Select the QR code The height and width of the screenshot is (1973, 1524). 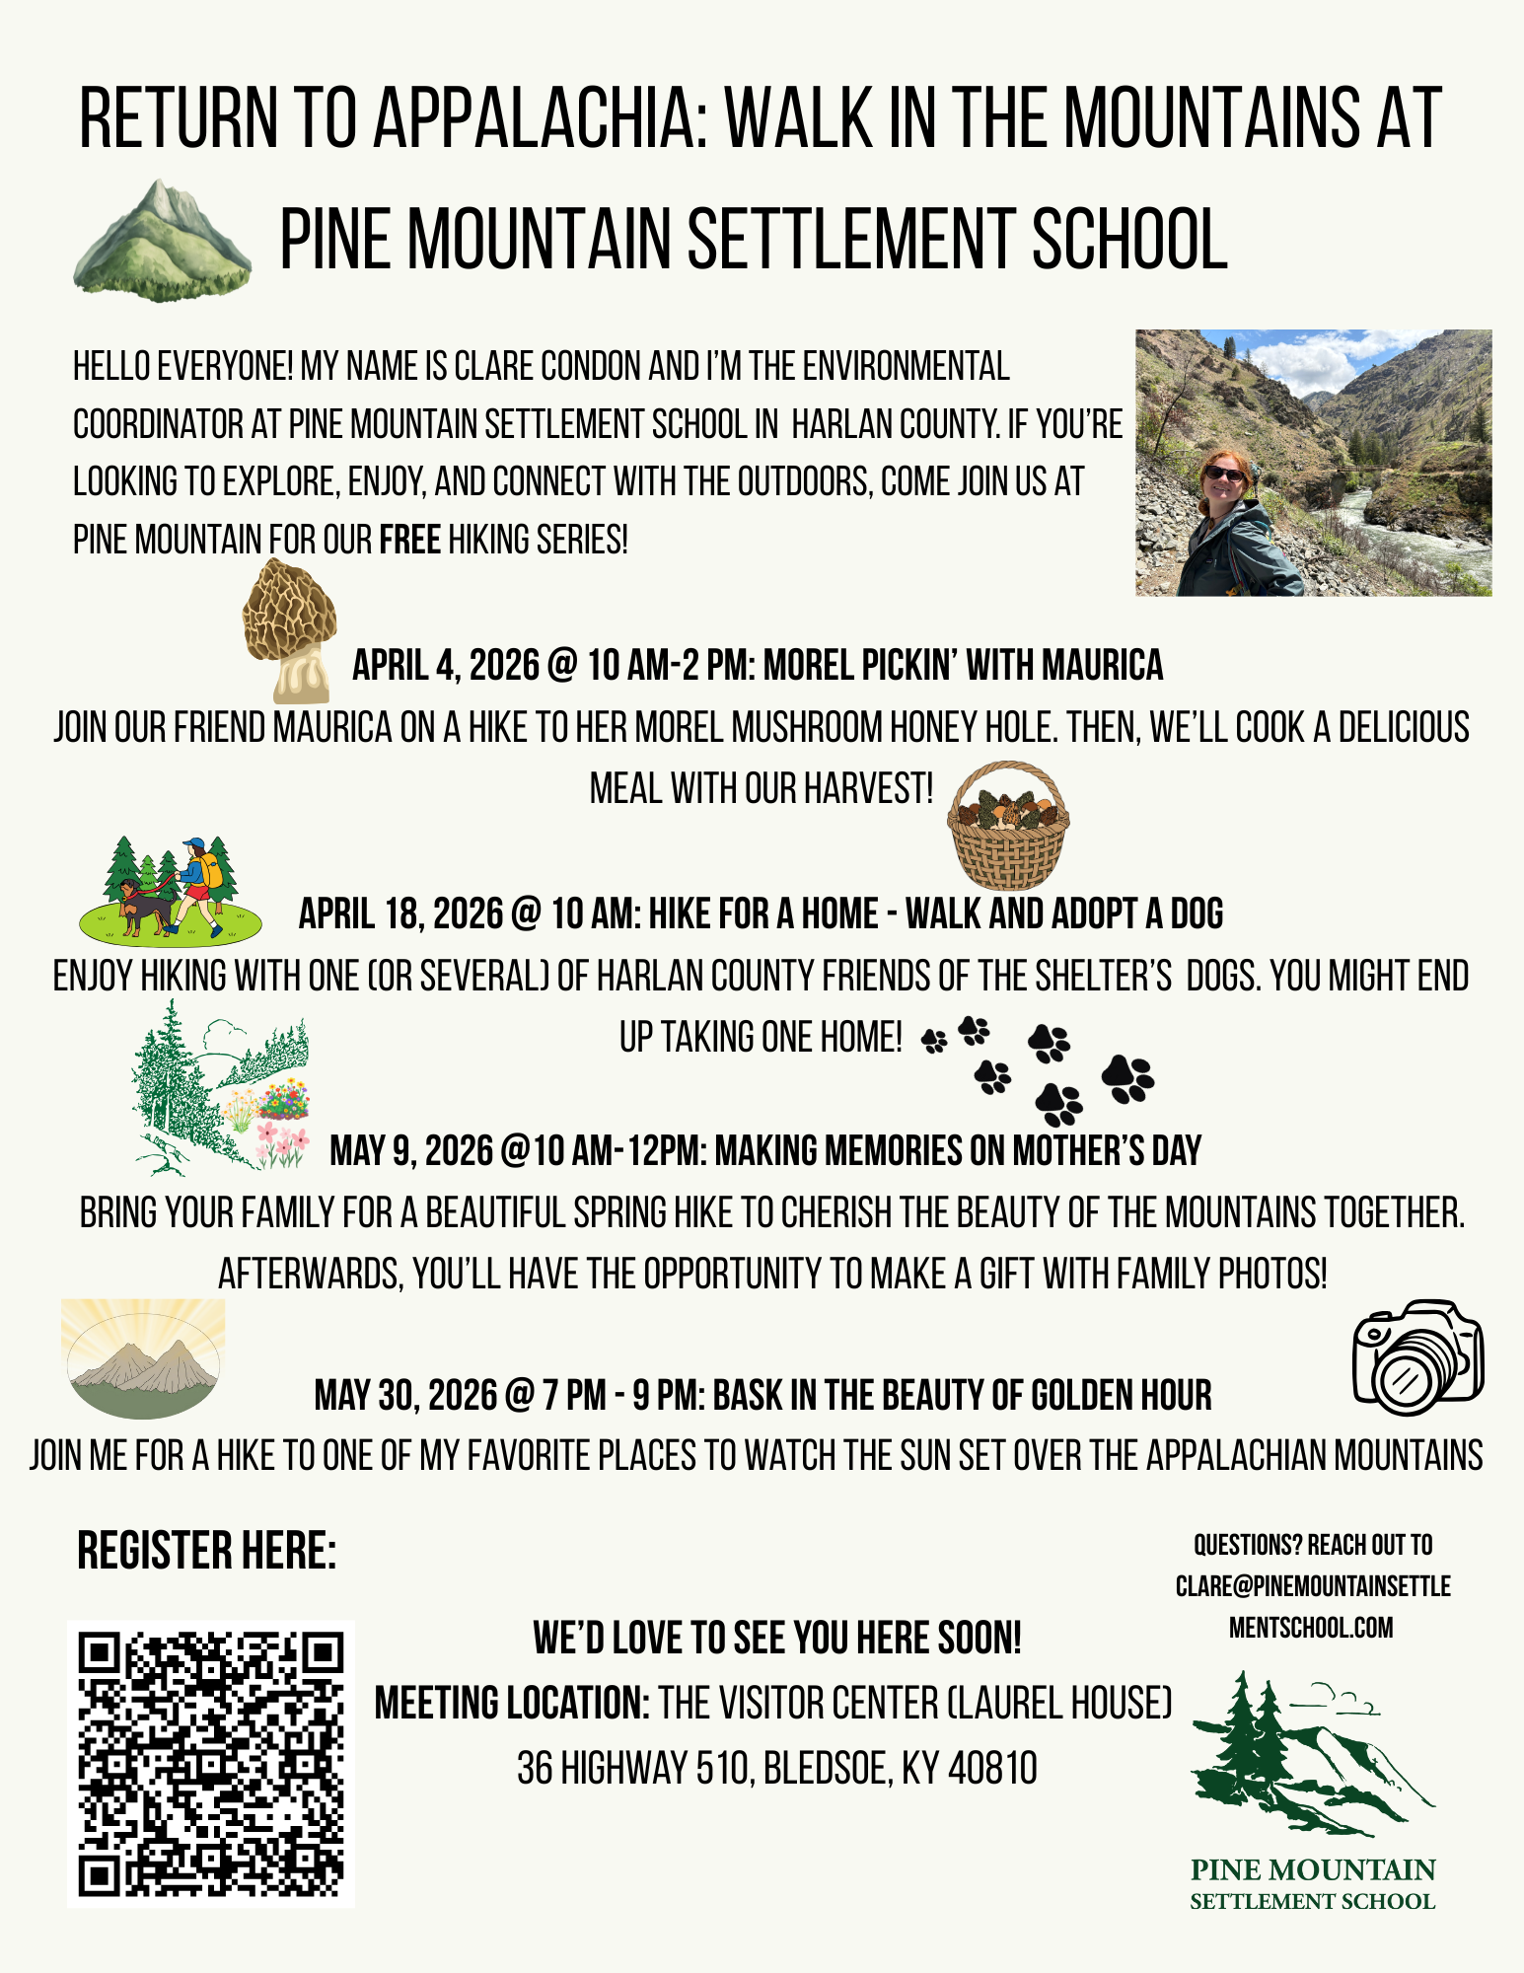tap(211, 1764)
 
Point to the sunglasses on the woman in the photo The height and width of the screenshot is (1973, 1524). tap(1225, 474)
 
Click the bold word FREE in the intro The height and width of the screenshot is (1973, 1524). tap(409, 541)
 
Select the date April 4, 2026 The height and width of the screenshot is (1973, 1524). tap(447, 666)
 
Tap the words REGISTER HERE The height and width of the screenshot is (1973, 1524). tap(206, 1551)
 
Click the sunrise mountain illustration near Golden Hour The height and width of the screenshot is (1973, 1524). tap(144, 1359)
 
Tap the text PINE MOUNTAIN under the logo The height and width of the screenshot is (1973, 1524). tap(1312, 1870)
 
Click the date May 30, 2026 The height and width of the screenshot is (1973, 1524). tap(406, 1396)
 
